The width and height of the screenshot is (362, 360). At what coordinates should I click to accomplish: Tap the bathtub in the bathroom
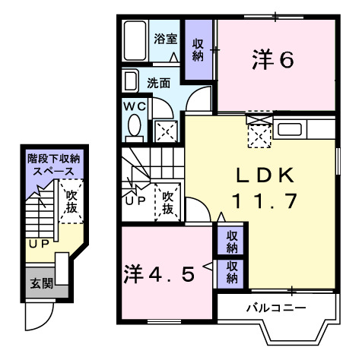point(135,43)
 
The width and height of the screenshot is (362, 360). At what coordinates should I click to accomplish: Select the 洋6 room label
point(271,61)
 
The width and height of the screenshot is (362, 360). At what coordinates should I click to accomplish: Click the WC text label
point(135,106)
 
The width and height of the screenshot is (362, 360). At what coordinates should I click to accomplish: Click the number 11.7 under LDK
point(263,202)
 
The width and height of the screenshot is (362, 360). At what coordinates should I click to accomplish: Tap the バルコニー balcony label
point(275,308)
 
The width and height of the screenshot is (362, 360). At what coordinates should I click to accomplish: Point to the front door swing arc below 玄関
point(38,317)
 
